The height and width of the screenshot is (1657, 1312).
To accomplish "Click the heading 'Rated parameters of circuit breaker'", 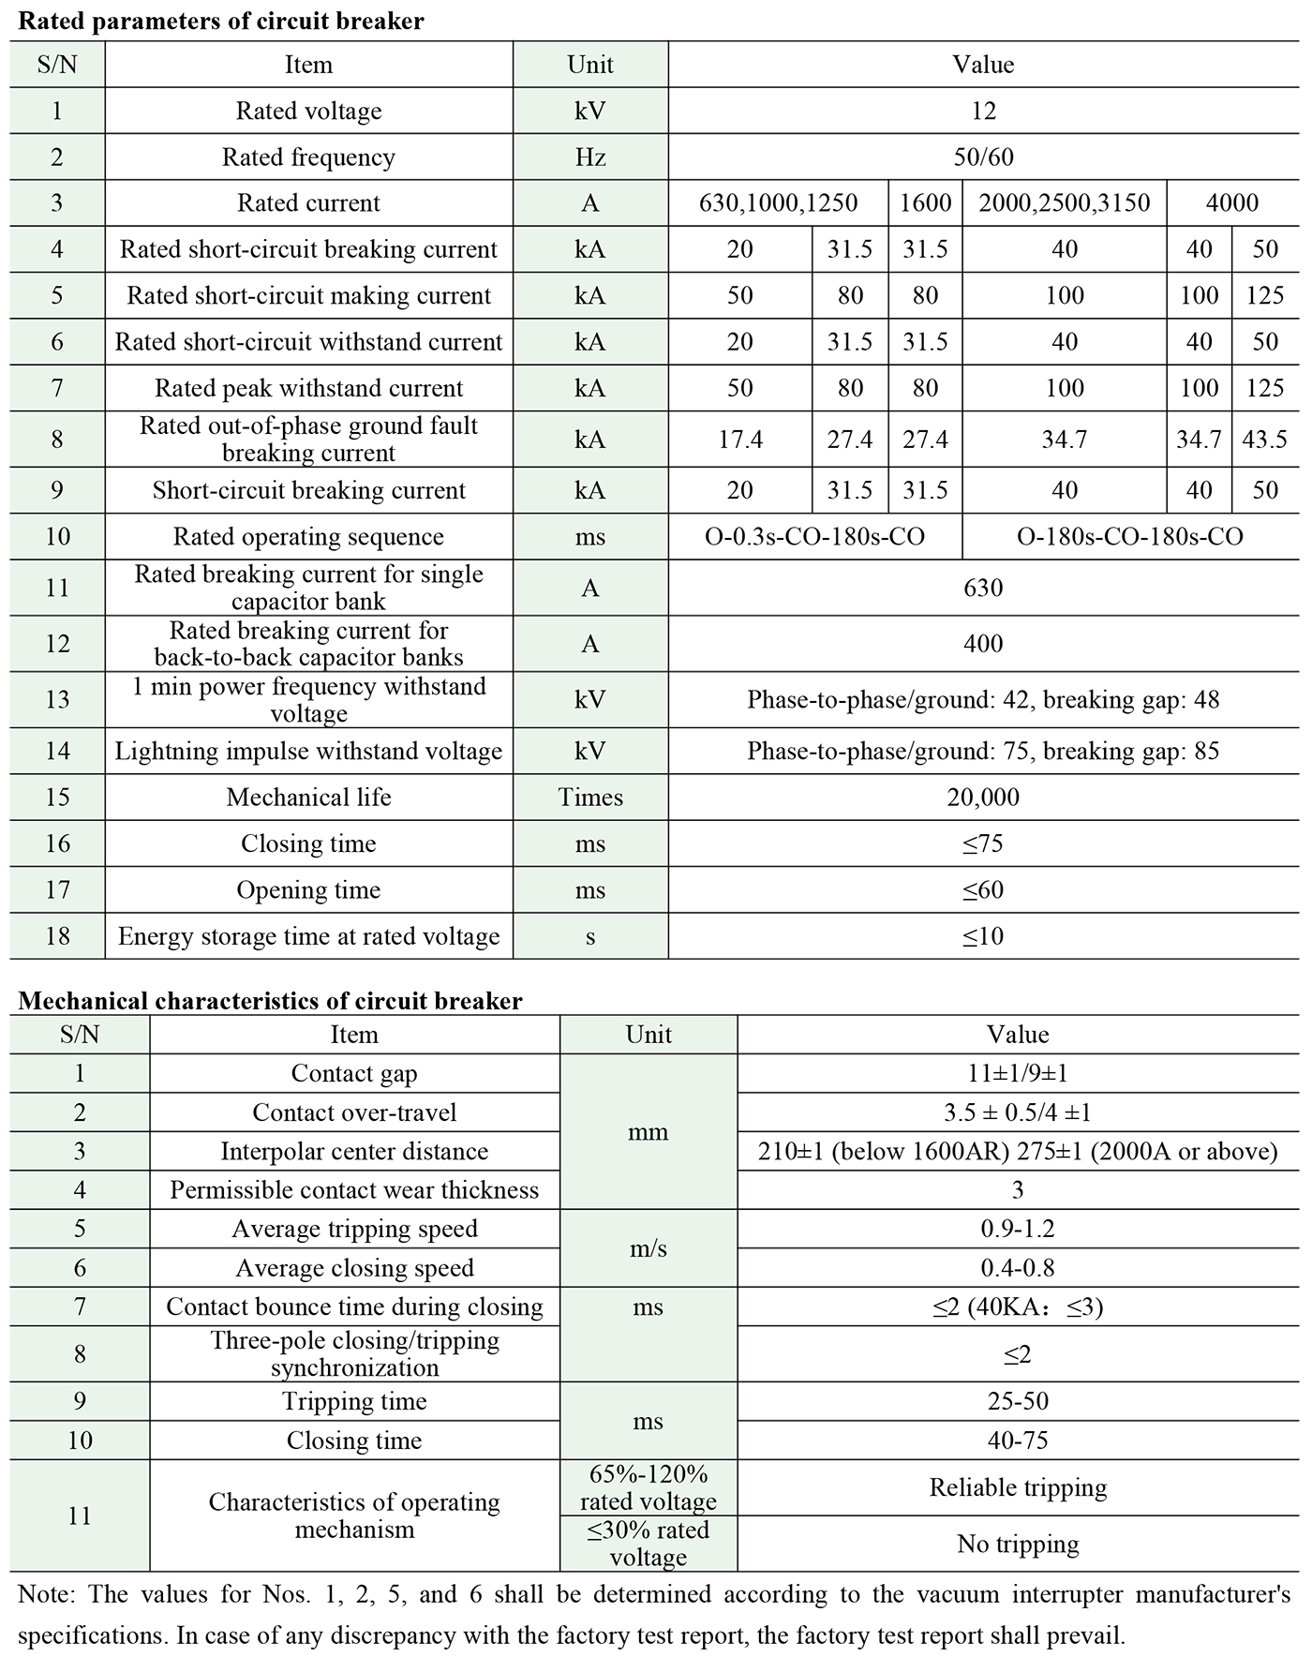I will click(221, 21).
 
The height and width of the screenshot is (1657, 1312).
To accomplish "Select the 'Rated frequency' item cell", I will click(308, 157).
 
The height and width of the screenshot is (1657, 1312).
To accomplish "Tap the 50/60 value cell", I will click(983, 157).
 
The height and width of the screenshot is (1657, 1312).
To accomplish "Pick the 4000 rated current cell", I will click(1231, 202).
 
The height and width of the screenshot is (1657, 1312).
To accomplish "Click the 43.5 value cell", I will click(1264, 439).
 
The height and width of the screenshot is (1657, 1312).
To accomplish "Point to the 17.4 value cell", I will click(739, 439).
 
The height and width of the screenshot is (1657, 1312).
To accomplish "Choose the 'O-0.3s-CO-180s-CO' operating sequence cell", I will click(814, 536).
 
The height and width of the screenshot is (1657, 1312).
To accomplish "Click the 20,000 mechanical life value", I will click(983, 797).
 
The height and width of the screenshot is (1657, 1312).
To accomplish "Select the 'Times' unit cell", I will click(590, 797).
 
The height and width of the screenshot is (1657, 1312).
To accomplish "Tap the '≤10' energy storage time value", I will click(983, 935).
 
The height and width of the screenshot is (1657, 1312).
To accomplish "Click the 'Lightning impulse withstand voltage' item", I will click(308, 750).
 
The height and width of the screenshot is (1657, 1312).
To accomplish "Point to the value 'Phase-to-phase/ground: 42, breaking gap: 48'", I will click(983, 699).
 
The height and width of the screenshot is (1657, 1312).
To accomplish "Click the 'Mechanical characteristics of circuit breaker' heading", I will click(270, 1000).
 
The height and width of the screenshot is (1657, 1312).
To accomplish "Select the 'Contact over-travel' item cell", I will click(354, 1112).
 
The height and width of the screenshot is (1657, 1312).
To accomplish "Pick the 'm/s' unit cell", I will click(649, 1248).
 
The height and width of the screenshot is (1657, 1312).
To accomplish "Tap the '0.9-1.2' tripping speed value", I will click(1018, 1229).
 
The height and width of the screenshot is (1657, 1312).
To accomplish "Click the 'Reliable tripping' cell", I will click(1018, 1487).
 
